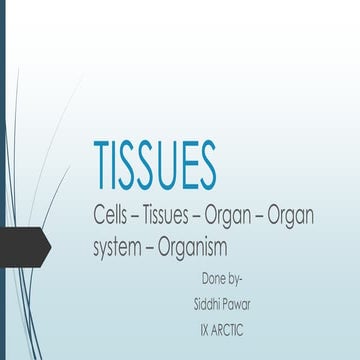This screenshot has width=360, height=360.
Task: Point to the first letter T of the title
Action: [x=102, y=159]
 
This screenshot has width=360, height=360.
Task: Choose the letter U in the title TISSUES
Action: [x=171, y=159]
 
